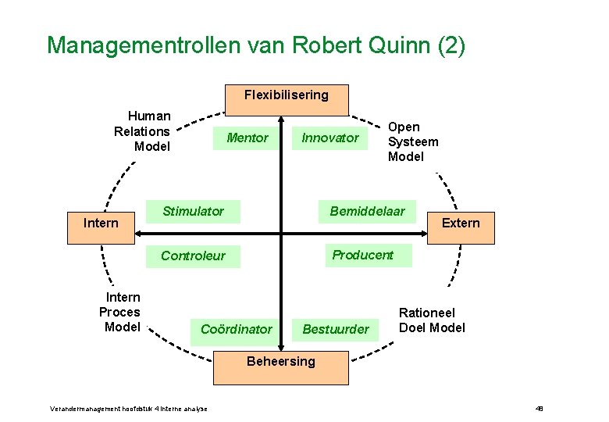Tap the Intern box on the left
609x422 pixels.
(x=101, y=224)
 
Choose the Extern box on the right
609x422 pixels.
(x=461, y=223)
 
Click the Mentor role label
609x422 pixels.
(x=247, y=138)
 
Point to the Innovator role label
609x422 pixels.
(x=330, y=138)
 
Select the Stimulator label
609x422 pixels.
(x=193, y=211)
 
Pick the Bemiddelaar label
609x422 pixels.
(x=368, y=211)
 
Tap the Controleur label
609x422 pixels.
(x=193, y=256)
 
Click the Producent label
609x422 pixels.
(x=363, y=255)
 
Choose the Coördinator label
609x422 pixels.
(x=237, y=329)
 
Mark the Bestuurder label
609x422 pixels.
(x=336, y=329)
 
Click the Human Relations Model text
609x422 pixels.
(x=142, y=131)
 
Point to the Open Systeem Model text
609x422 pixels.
(x=413, y=141)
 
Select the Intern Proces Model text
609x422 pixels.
(x=120, y=312)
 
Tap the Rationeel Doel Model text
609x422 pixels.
(x=432, y=320)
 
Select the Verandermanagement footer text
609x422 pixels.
(x=129, y=409)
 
